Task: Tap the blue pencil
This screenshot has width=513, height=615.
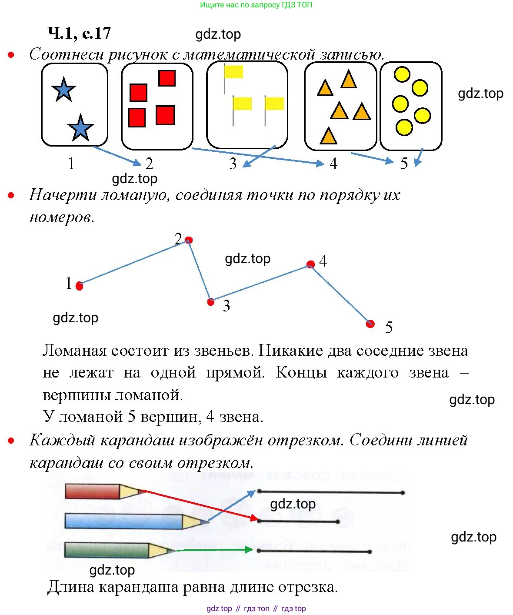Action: [x=130, y=521]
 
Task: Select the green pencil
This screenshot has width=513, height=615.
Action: [x=117, y=550]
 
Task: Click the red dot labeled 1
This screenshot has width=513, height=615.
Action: [x=79, y=286]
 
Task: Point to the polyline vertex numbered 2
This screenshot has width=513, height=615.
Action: [x=189, y=240]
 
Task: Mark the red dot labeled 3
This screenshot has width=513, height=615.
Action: [x=211, y=301]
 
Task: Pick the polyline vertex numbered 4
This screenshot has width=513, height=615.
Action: [x=310, y=264]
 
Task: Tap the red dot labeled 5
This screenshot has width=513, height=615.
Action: [x=370, y=324]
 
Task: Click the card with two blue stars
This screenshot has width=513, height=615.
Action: [x=74, y=105]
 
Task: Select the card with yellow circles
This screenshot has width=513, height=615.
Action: [x=411, y=106]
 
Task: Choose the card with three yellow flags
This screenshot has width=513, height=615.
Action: [x=247, y=105]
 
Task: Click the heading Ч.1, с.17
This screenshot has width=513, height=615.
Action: [x=79, y=33]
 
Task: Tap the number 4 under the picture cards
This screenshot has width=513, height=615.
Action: [x=333, y=164]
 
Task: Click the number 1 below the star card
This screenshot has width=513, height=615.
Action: [x=71, y=164]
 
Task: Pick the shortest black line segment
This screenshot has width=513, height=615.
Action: [x=298, y=521]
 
